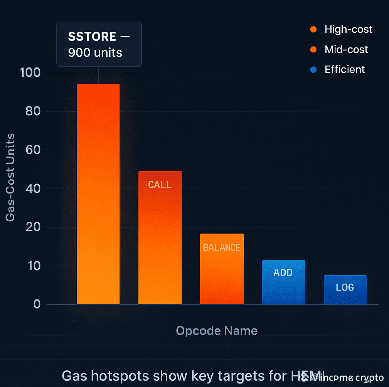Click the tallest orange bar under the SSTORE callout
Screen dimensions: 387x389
click(98, 193)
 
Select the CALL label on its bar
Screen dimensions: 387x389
click(160, 185)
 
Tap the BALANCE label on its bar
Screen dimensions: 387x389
click(222, 247)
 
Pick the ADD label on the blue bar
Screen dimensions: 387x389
click(283, 273)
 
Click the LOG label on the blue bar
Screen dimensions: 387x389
click(345, 287)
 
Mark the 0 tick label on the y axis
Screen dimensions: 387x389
click(37, 304)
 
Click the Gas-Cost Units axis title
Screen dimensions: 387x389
click(11, 177)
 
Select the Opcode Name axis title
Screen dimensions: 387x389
click(216, 330)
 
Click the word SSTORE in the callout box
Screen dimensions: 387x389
click(92, 37)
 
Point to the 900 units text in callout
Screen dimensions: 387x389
click(95, 52)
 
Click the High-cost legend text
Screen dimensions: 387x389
click(348, 29)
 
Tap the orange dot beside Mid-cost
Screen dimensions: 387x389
click(313, 49)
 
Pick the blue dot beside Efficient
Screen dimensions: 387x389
click(313, 69)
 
